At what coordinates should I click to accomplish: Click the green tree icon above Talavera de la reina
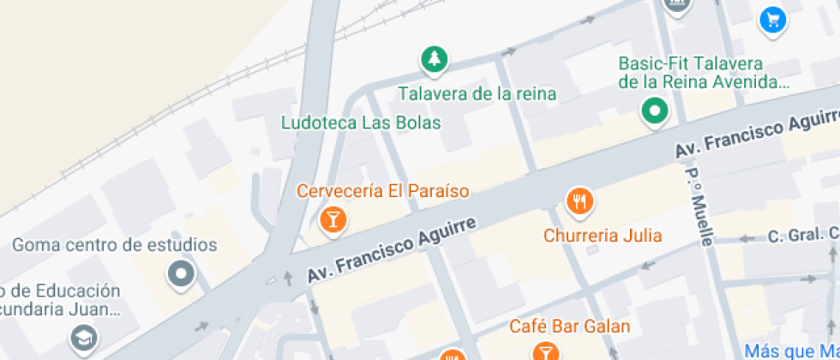435,59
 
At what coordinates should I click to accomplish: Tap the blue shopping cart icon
774,20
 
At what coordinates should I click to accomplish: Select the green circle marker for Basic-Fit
656,111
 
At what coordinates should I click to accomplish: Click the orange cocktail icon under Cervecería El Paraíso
332,219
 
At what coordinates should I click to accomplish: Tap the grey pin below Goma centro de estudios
182,274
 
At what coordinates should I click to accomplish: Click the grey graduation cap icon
84,337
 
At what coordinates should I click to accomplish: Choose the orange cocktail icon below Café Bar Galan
544,351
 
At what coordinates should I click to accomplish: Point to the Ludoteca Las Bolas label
361,123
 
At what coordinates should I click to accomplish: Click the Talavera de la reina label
477,93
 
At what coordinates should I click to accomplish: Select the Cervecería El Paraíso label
383,190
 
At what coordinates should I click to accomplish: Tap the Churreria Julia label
603,235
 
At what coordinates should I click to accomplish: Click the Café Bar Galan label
569,326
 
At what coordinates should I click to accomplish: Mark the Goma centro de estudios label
115,245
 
